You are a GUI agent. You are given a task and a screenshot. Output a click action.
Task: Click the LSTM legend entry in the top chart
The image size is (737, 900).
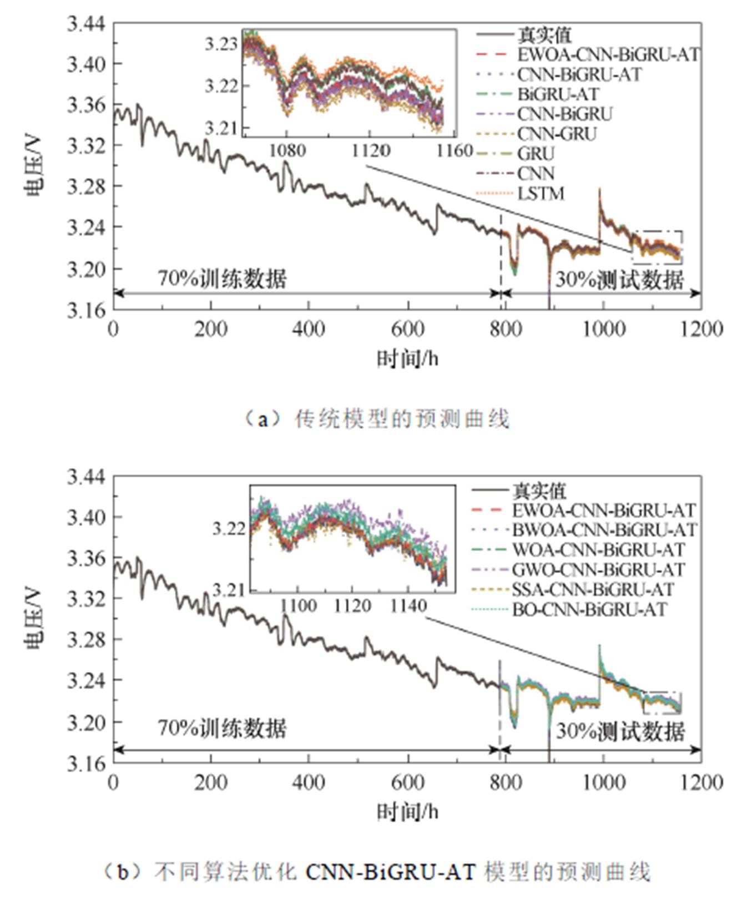tap(541, 194)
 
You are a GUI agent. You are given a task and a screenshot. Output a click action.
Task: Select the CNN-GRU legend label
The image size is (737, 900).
tap(557, 134)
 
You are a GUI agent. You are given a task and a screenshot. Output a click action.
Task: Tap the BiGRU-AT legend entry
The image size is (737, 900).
tap(558, 94)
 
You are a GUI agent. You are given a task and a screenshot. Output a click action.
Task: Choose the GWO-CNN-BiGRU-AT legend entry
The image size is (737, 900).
tap(598, 569)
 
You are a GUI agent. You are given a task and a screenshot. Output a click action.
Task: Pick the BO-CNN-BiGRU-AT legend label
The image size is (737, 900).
tap(589, 609)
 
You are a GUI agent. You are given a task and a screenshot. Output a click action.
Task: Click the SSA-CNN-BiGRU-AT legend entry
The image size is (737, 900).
tap(592, 589)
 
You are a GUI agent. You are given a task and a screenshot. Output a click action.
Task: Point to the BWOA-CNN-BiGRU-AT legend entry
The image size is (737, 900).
tap(604, 530)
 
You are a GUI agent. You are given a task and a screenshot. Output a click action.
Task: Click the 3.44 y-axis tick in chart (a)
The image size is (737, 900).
tap(86, 24)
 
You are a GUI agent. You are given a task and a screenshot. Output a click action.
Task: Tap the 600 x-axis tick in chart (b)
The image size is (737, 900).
tap(407, 782)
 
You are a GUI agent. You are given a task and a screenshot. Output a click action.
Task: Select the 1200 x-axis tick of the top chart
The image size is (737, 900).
tap(701, 329)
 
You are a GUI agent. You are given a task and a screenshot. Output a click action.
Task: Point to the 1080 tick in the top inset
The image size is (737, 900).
tap(287, 150)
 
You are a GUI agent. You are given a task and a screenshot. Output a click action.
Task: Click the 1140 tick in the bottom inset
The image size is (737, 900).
tap(408, 606)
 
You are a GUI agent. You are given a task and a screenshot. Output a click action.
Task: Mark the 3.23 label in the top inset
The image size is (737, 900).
tap(221, 43)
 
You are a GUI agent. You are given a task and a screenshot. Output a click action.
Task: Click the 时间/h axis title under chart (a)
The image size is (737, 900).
tap(407, 359)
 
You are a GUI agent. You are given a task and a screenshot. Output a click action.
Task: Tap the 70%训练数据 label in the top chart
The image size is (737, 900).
tap(222, 278)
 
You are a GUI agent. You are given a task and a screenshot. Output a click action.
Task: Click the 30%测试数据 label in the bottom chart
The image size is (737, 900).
tap(620, 731)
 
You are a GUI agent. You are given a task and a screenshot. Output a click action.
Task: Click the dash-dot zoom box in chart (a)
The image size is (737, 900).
tap(658, 247)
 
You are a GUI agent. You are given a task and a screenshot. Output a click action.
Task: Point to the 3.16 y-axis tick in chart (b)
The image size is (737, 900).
tap(86, 764)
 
